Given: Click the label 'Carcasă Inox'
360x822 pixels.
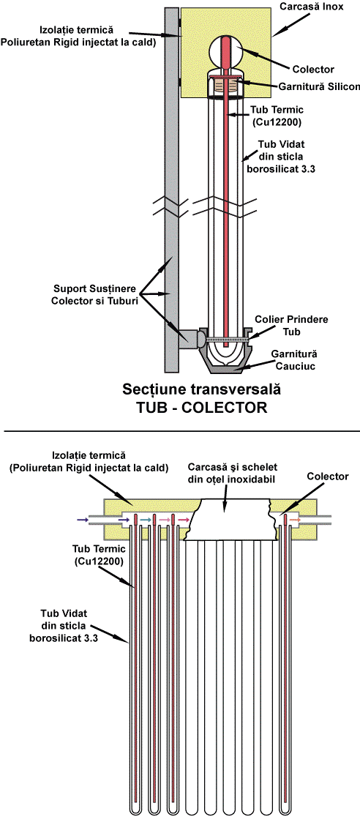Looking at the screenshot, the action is [319, 7].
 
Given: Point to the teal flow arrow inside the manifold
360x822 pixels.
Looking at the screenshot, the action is [146, 520].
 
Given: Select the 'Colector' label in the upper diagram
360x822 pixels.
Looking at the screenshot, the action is [313, 69].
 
